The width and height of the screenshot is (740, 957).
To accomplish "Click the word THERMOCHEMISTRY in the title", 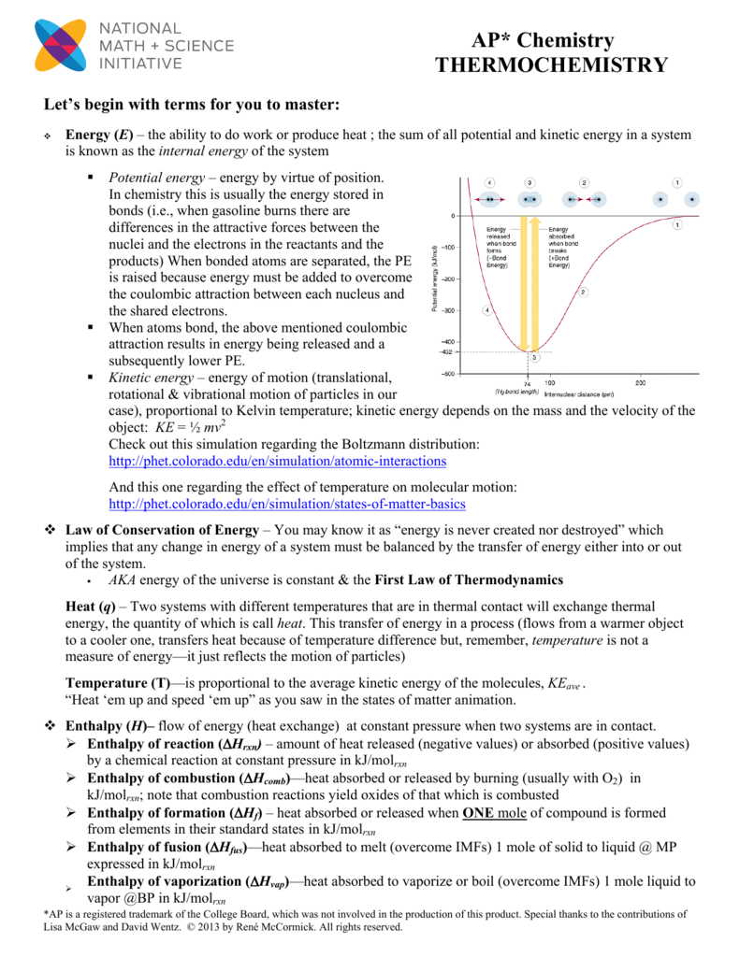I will coord(552,65).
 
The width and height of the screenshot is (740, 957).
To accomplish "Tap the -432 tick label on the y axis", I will coord(447,351).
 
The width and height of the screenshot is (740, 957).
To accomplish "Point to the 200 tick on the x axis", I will coord(641,383).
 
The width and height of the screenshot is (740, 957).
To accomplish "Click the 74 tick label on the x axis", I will coord(528,384).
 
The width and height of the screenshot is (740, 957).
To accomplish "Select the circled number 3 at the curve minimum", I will coord(534,357).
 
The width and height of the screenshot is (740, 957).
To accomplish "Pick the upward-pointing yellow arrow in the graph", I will coord(535,280).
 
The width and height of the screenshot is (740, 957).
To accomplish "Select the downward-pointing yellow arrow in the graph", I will coord(523,280).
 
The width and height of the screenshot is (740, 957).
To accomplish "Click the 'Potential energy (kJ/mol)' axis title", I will coord(435,278).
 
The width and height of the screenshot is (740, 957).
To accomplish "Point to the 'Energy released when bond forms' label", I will coord(499,248).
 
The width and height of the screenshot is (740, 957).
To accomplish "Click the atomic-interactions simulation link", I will coord(278,462).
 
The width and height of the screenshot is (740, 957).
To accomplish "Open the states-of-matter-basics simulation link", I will coord(287,505).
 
